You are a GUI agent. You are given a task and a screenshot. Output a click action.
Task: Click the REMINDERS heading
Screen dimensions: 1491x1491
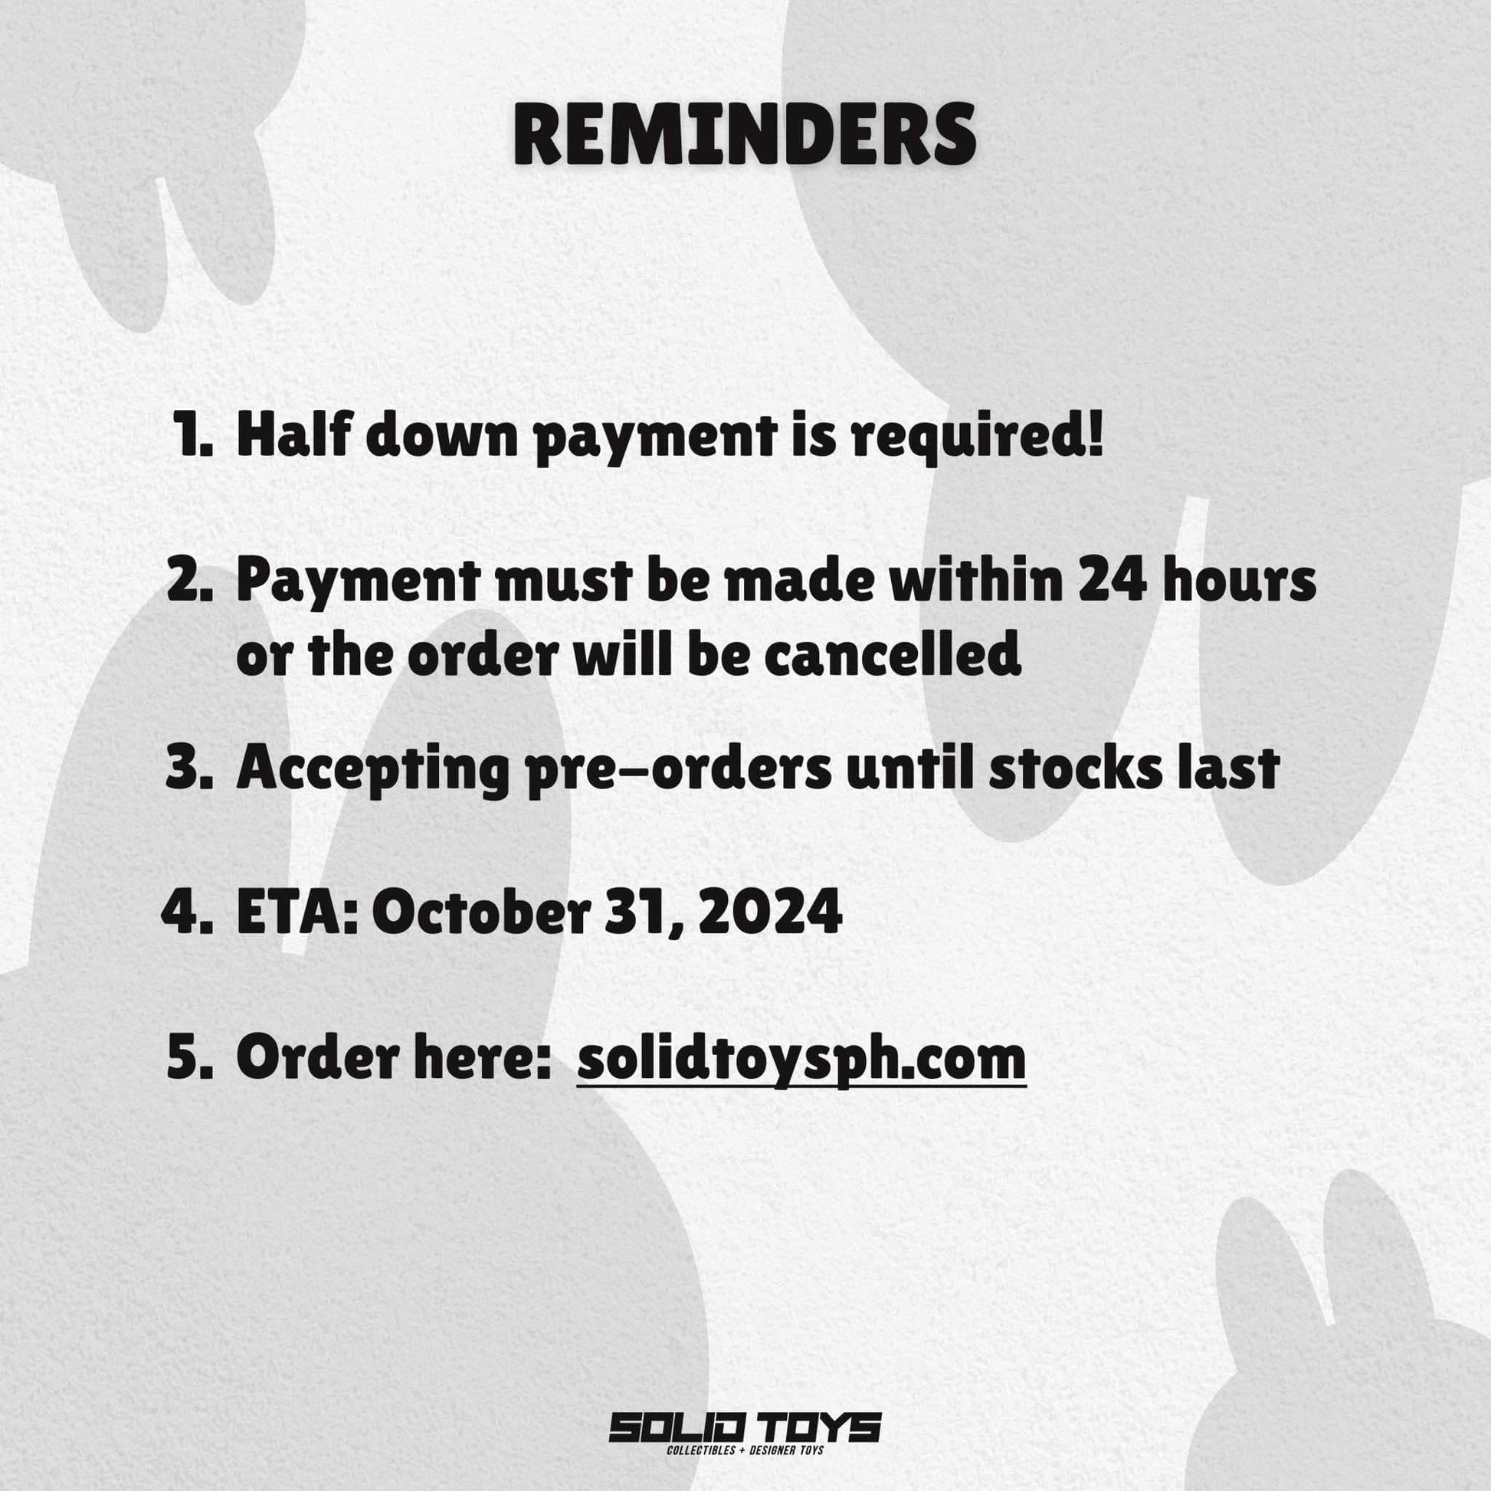745,136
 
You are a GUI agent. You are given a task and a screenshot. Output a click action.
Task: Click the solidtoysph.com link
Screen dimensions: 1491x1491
801,1060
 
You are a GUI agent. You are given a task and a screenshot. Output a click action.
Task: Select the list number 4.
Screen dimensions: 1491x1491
188,913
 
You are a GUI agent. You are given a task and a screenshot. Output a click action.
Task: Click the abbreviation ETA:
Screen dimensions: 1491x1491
298,913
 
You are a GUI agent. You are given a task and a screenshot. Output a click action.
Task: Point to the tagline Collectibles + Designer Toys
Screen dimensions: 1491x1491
745,1451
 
